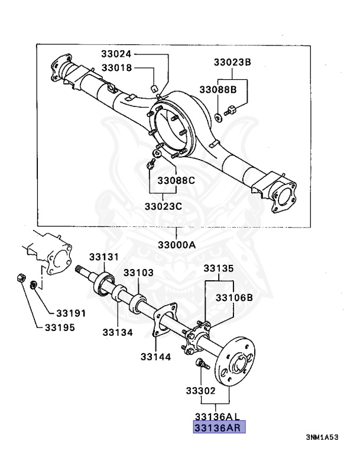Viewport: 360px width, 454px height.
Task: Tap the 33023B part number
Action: coord(232,62)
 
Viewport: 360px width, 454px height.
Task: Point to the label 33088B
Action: coord(217,89)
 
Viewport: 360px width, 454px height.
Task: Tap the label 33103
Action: coord(138,273)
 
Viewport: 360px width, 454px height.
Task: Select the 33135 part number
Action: coord(219,268)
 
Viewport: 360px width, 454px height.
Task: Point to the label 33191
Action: coord(72,313)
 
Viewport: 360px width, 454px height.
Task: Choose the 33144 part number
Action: coord(155,356)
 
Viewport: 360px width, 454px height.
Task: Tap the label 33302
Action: coord(202,391)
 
